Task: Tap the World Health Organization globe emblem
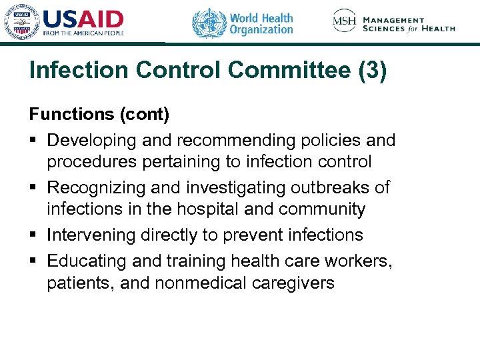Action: tap(209, 23)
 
